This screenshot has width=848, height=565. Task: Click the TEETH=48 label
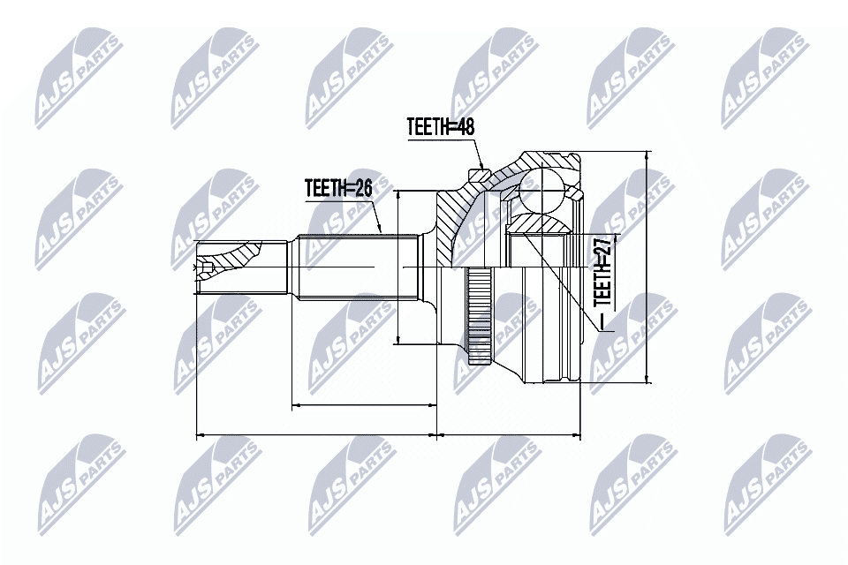click(x=441, y=127)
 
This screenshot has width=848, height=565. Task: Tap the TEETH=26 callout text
click(x=338, y=188)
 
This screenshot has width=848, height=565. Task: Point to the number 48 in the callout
click(x=465, y=127)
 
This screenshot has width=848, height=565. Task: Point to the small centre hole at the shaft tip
click(x=207, y=267)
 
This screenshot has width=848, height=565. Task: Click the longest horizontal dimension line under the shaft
click(x=315, y=434)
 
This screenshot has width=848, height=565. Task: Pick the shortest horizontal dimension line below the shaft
click(x=363, y=405)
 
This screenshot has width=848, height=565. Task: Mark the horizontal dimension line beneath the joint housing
click(x=509, y=434)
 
